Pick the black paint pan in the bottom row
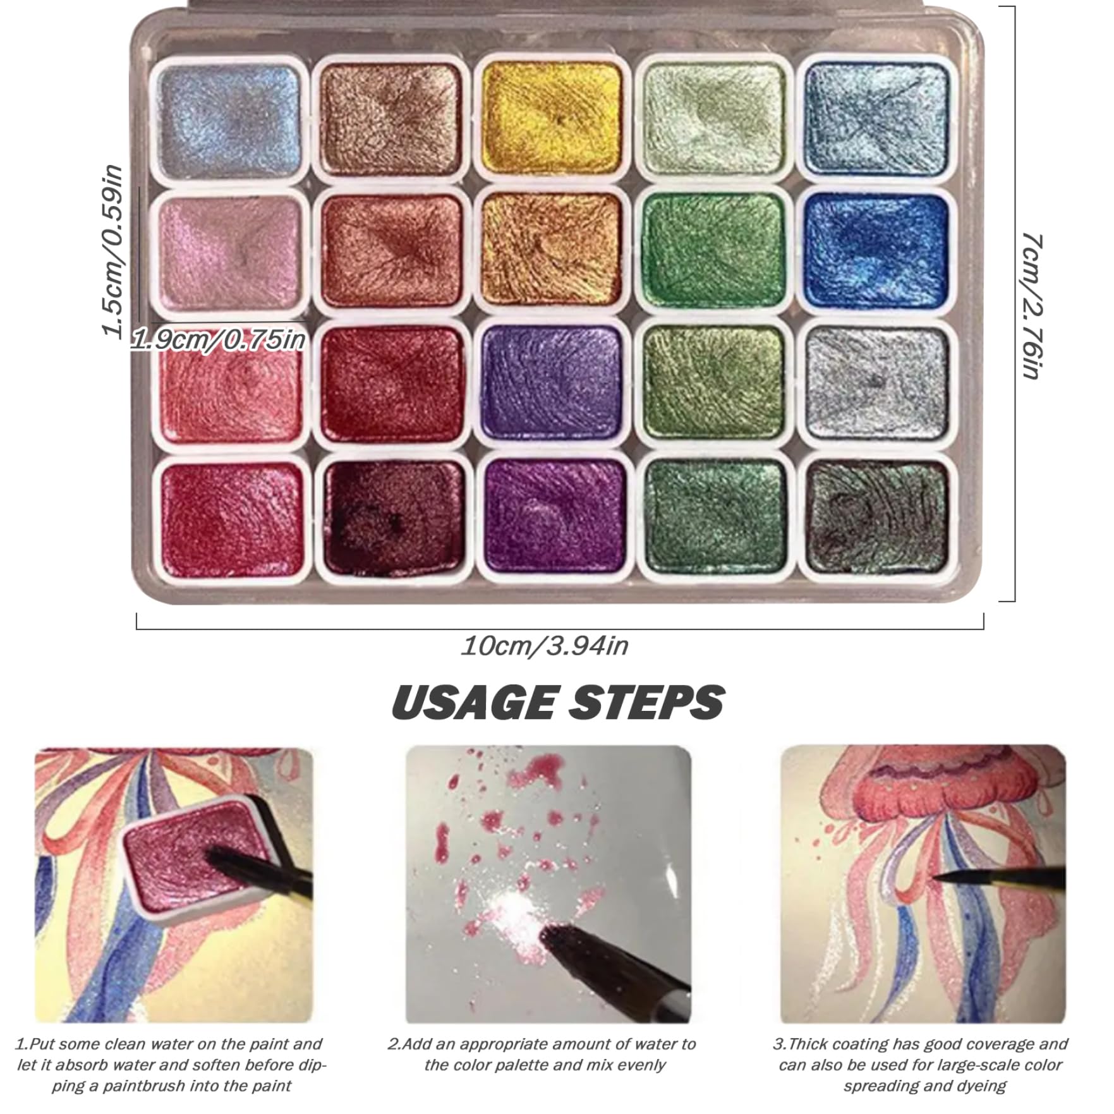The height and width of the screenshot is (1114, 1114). coord(878,516)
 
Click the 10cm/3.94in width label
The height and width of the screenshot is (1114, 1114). coord(545,646)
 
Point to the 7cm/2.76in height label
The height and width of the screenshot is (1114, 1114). coord(1031,305)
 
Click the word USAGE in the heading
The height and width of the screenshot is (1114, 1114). coord(474,702)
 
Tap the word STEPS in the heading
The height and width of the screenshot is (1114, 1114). coord(646,702)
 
